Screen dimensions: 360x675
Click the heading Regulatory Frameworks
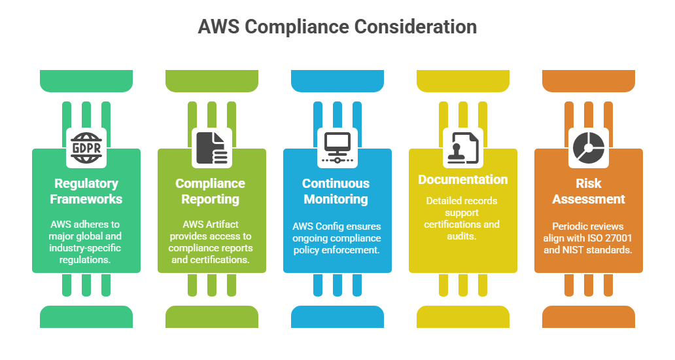[x=86, y=190]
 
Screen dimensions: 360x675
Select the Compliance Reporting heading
[x=211, y=190]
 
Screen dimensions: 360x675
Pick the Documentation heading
[x=463, y=179]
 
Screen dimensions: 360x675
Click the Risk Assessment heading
[x=589, y=190]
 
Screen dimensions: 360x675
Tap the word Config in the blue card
[x=336, y=226]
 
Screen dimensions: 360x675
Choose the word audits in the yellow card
[x=464, y=236]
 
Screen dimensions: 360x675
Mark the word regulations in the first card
[x=86, y=260]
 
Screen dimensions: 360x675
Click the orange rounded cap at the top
[x=589, y=81]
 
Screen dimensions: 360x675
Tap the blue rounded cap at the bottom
[x=337, y=317]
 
